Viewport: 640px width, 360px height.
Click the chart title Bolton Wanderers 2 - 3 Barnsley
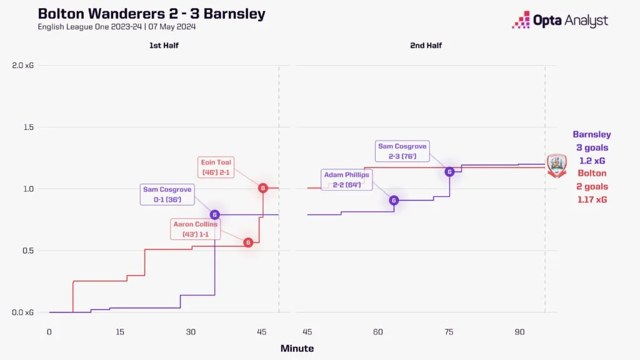click(x=151, y=14)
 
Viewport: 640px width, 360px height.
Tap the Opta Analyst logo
click(x=559, y=20)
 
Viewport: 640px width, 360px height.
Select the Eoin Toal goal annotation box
click(x=216, y=167)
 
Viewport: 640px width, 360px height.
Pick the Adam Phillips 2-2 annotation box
click(x=347, y=180)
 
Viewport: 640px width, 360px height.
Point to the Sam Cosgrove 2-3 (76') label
click(x=402, y=151)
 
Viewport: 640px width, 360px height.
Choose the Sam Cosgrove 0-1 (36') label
click(x=167, y=194)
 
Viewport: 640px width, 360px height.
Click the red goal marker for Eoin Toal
click(x=263, y=188)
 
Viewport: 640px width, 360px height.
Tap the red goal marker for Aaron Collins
click(x=248, y=242)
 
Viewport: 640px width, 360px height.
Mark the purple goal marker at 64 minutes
click(x=394, y=200)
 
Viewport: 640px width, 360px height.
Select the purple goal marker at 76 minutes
click(x=449, y=171)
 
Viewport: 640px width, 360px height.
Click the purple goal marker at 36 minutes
click(x=215, y=214)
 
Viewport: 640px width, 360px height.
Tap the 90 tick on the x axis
click(x=519, y=332)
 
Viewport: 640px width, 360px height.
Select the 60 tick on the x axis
click(x=377, y=332)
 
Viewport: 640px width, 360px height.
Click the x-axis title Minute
click(x=297, y=348)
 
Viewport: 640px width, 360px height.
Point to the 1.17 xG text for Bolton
click(x=591, y=200)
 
